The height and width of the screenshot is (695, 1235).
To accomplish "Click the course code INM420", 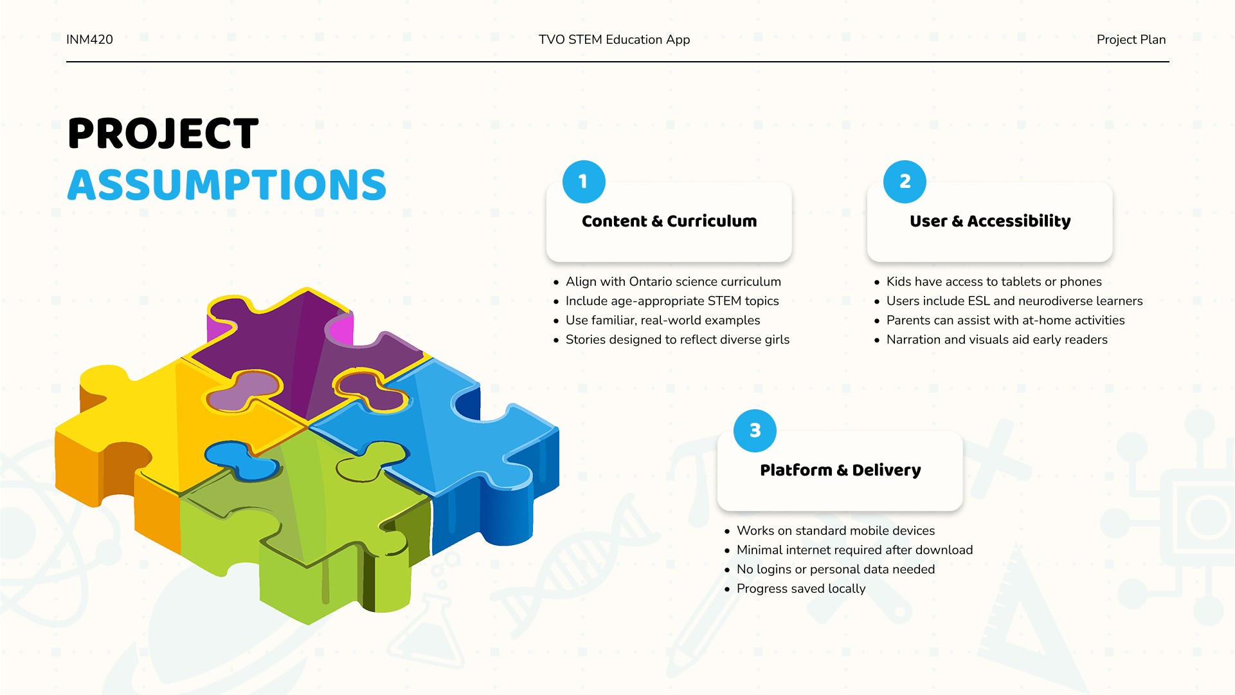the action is click(89, 39).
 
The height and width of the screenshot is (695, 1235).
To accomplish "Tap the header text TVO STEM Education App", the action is click(614, 39).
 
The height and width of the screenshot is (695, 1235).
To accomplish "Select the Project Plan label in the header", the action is click(1131, 39).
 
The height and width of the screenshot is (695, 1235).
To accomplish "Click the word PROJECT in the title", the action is click(163, 134).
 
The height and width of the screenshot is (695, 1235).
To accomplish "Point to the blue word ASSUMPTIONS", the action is click(227, 185).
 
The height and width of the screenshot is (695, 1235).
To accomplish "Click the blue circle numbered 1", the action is click(584, 181).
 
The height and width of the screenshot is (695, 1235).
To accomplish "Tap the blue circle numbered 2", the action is click(905, 181).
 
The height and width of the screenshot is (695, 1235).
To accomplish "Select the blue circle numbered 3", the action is click(755, 431).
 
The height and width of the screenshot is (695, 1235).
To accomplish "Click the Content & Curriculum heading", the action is click(669, 221).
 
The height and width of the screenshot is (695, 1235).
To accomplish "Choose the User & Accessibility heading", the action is click(990, 221).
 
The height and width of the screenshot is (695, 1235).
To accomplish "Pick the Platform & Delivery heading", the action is click(840, 470).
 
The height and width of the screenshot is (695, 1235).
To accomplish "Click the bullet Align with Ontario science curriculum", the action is click(673, 281).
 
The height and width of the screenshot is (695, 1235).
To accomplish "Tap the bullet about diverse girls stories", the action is click(677, 339).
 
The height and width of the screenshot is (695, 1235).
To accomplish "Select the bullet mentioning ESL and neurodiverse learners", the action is click(1014, 301).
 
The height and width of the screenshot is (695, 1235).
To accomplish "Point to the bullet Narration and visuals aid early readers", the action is click(996, 339).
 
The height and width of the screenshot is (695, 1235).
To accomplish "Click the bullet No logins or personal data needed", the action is click(836, 569).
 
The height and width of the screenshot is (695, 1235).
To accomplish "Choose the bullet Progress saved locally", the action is click(801, 588).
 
